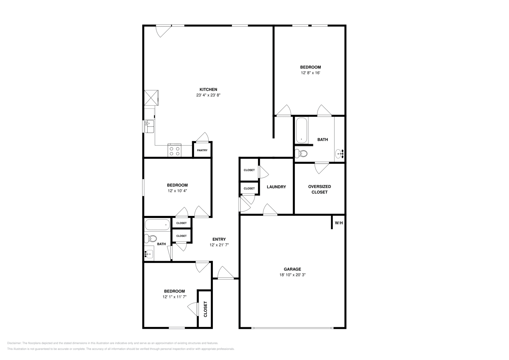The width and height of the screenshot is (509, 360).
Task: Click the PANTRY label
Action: point(202,150)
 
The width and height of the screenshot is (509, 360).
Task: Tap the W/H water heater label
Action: point(338,223)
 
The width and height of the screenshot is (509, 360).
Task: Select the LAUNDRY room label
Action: point(276,187)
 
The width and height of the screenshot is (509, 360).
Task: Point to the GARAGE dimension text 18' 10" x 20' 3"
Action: point(292,275)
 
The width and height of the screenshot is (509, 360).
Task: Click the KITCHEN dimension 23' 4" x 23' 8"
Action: point(208,95)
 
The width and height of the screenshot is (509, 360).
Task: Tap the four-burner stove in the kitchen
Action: point(174,150)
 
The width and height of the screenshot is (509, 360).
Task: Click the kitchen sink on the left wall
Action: point(149,126)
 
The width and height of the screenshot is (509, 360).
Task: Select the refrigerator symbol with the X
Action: point(151,98)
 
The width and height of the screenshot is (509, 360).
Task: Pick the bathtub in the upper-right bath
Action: point(302,130)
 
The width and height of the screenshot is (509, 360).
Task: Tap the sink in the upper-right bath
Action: point(339,154)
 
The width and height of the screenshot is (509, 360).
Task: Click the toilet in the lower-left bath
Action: point(150,239)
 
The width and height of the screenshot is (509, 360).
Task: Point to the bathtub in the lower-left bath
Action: point(157,225)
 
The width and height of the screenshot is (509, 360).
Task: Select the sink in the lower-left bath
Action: point(149,254)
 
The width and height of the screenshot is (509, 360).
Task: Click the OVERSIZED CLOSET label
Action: point(319,190)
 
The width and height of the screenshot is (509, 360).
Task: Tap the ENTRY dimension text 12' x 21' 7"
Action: point(219,245)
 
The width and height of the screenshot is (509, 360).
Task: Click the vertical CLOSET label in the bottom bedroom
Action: point(206,309)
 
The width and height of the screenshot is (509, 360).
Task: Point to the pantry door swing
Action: point(202,137)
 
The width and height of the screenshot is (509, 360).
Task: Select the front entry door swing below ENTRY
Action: point(226,273)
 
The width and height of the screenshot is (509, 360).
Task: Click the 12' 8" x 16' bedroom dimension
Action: point(310,73)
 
